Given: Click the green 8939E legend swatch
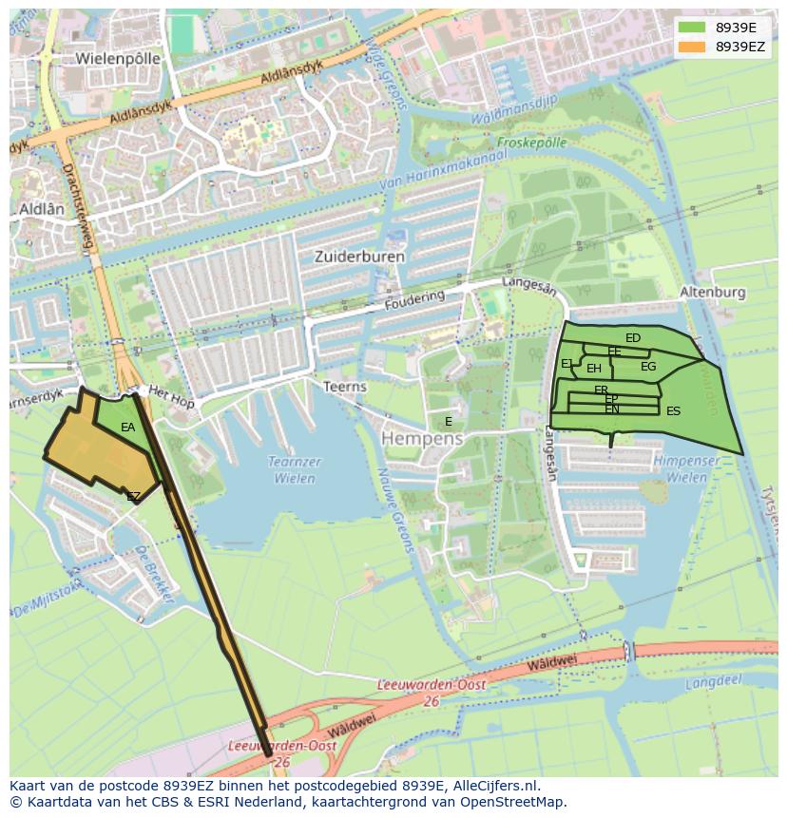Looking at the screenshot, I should click(692, 28).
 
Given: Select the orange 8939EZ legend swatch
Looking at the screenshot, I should click(692, 46).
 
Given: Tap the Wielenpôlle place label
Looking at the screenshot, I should click(118, 58).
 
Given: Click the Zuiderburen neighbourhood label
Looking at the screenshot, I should click(359, 257).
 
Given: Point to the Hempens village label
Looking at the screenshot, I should click(422, 439).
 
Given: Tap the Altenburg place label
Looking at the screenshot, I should click(713, 293).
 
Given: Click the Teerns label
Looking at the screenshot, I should click(345, 387).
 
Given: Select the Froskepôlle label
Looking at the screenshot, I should click(531, 143).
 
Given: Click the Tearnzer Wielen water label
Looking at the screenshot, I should click(295, 470).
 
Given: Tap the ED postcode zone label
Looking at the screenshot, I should click(633, 338).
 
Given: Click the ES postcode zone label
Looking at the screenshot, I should click(673, 411).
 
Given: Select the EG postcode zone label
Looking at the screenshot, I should click(648, 367).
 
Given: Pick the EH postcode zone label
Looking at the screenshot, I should click(594, 369).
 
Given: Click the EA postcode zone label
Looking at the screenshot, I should click(128, 428).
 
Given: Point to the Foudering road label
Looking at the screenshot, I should click(414, 301).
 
